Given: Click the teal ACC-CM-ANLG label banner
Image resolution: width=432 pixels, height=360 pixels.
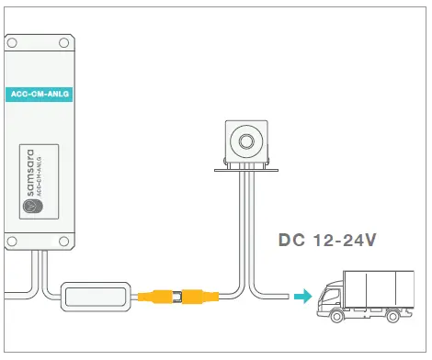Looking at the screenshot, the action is pos(40,94).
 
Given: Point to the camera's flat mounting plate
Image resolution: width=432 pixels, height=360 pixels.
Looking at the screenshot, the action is pos(244,168).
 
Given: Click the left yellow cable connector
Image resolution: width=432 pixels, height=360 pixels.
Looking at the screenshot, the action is pos(162,297).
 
